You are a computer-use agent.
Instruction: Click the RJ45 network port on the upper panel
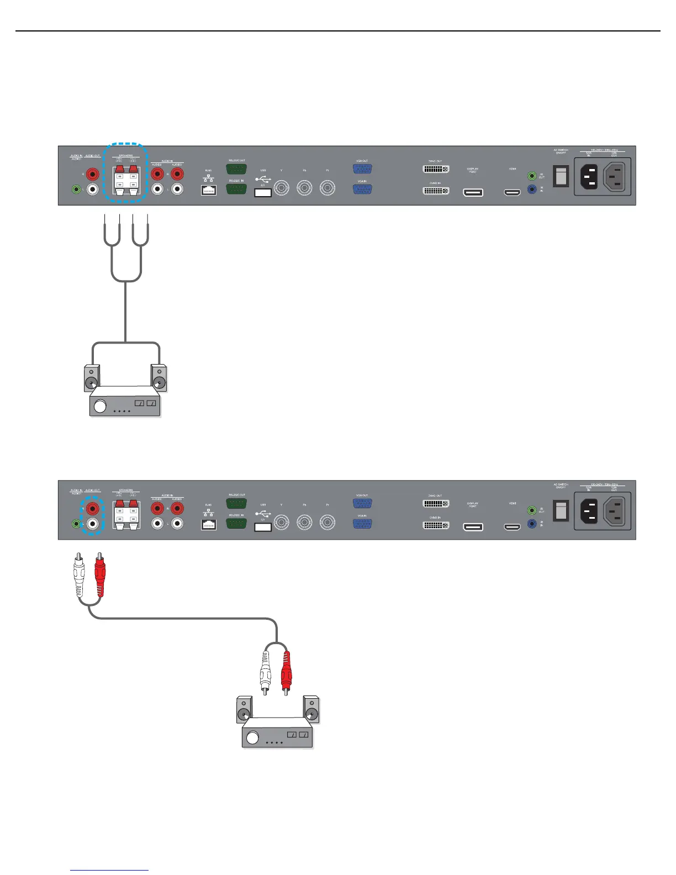coord(208,189)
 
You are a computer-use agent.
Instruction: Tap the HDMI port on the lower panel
coord(513,527)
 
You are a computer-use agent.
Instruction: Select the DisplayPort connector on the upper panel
coord(473,192)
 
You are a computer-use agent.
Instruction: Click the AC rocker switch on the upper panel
coord(561,176)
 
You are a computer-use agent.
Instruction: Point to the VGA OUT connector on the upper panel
coord(362,169)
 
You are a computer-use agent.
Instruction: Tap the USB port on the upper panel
coord(263,192)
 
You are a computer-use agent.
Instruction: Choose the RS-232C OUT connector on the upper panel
coord(236,169)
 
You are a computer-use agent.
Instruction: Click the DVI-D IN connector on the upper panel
coord(436,191)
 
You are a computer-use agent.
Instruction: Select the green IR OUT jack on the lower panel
coord(532,510)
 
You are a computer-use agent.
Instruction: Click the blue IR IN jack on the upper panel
coord(532,189)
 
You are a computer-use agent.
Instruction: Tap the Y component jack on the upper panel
coord(282,189)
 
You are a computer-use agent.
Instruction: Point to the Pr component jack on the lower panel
coord(328,523)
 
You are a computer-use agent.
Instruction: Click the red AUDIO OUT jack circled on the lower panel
coord(92,507)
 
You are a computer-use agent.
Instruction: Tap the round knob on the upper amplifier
coord(100,407)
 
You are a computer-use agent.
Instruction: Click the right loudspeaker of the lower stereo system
coord(311,710)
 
